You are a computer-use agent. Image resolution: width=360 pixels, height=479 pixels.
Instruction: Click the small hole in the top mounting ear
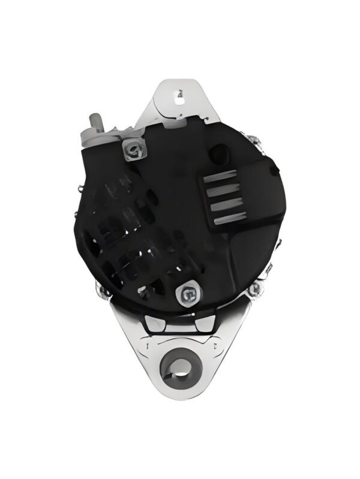click(x=179, y=94)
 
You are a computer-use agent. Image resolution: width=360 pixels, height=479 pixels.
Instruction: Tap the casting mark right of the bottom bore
click(x=214, y=347)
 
